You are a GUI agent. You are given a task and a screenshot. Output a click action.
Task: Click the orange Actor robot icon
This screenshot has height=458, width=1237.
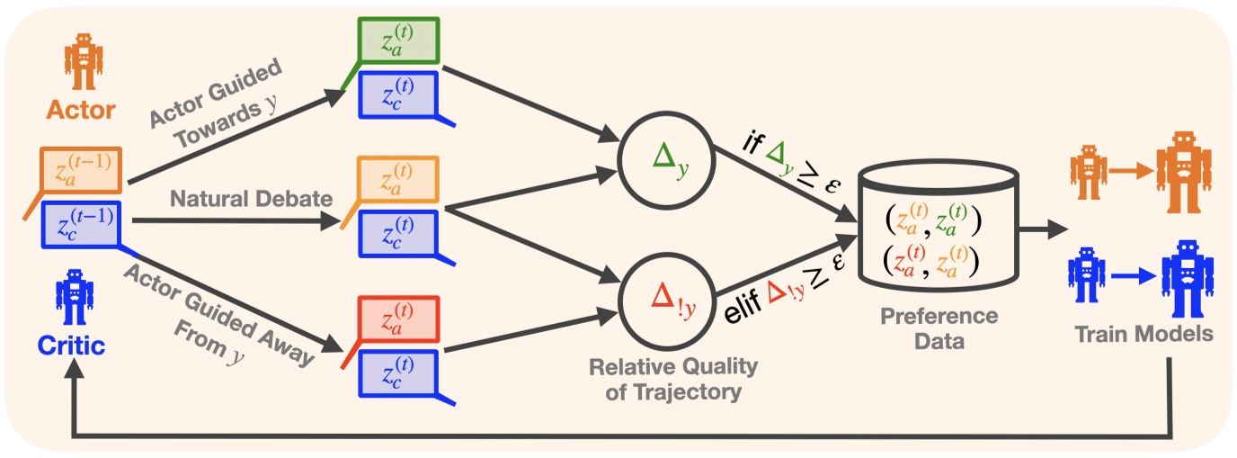pyautogui.click(x=83, y=62)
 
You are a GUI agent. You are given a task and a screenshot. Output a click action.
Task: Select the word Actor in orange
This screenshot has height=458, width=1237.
pyautogui.click(x=81, y=110)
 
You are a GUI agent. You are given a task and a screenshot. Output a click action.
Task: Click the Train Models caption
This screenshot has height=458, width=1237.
pyautogui.click(x=1144, y=333)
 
